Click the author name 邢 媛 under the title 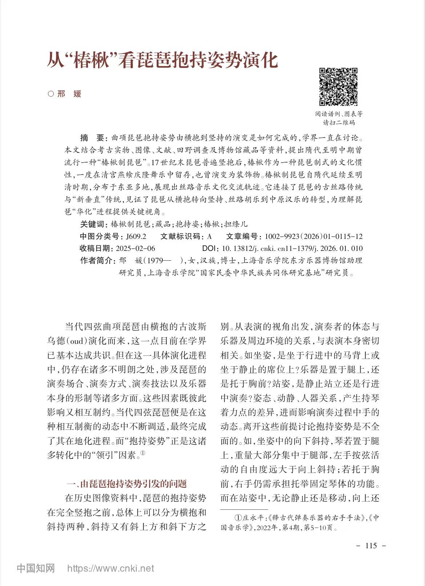click(x=69, y=94)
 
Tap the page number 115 click(x=371, y=546)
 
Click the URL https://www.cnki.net click(x=111, y=568)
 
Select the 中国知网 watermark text click(x=36, y=568)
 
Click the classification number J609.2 click(x=136, y=236)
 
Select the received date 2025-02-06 click(x=135, y=249)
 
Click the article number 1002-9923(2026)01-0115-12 click(x=313, y=236)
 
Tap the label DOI click(x=209, y=249)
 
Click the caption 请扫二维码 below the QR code click(x=339, y=123)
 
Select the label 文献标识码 click(x=180, y=236)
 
